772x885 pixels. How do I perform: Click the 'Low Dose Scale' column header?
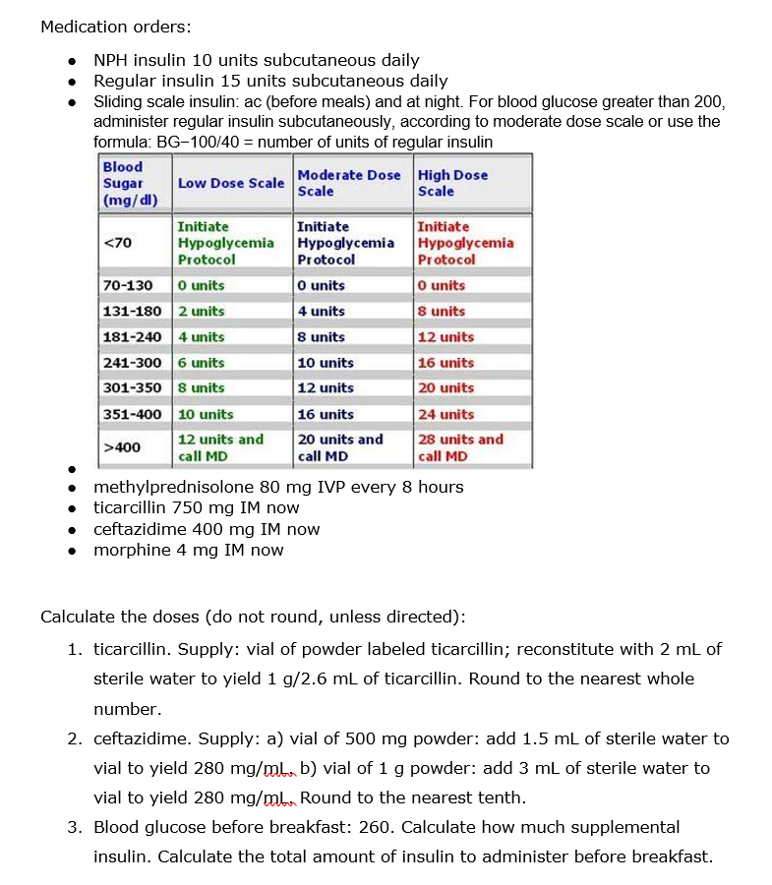tap(231, 183)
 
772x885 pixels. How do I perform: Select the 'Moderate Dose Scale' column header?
tap(349, 183)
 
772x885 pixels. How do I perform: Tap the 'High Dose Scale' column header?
tap(452, 183)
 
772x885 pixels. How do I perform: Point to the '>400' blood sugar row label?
tap(122, 447)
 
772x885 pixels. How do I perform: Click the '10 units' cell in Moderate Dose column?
tap(326, 363)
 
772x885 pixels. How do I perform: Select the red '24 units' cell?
tap(445, 414)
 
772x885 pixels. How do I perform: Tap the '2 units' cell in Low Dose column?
tap(202, 311)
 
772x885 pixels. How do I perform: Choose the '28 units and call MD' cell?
tap(460, 447)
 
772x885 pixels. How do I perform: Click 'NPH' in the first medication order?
tap(111, 60)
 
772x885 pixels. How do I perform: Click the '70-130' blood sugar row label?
tap(128, 285)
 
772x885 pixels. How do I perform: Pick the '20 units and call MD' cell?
tap(340, 447)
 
